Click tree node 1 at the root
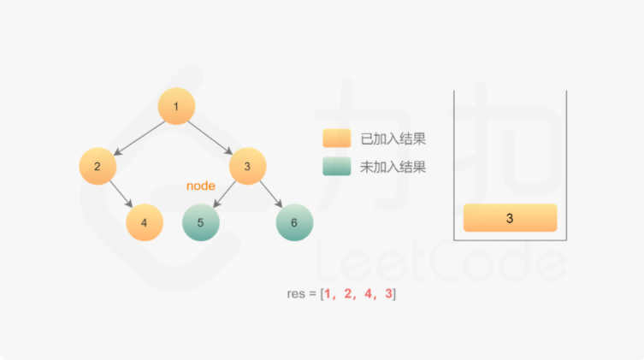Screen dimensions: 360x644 [x=176, y=107]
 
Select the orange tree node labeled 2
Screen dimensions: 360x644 [x=97, y=167]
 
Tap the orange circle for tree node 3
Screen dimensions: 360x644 [x=247, y=167]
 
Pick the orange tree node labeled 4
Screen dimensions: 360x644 [x=145, y=222]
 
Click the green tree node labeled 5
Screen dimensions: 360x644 [x=201, y=222]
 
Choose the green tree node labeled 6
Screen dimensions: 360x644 [x=294, y=222]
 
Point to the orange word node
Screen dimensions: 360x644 [x=201, y=186]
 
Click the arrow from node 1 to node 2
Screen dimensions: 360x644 [x=137, y=137]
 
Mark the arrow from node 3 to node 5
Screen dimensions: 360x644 [x=223, y=195]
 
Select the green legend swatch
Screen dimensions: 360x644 [x=336, y=167]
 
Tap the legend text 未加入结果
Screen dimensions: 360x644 [x=393, y=167]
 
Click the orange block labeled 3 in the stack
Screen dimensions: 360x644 [x=510, y=218]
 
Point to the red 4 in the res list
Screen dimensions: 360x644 [x=367, y=293]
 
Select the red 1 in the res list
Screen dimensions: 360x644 [x=328, y=293]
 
